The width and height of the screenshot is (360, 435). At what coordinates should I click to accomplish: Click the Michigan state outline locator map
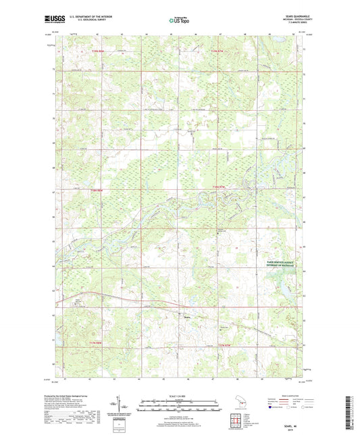[238, 404]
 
